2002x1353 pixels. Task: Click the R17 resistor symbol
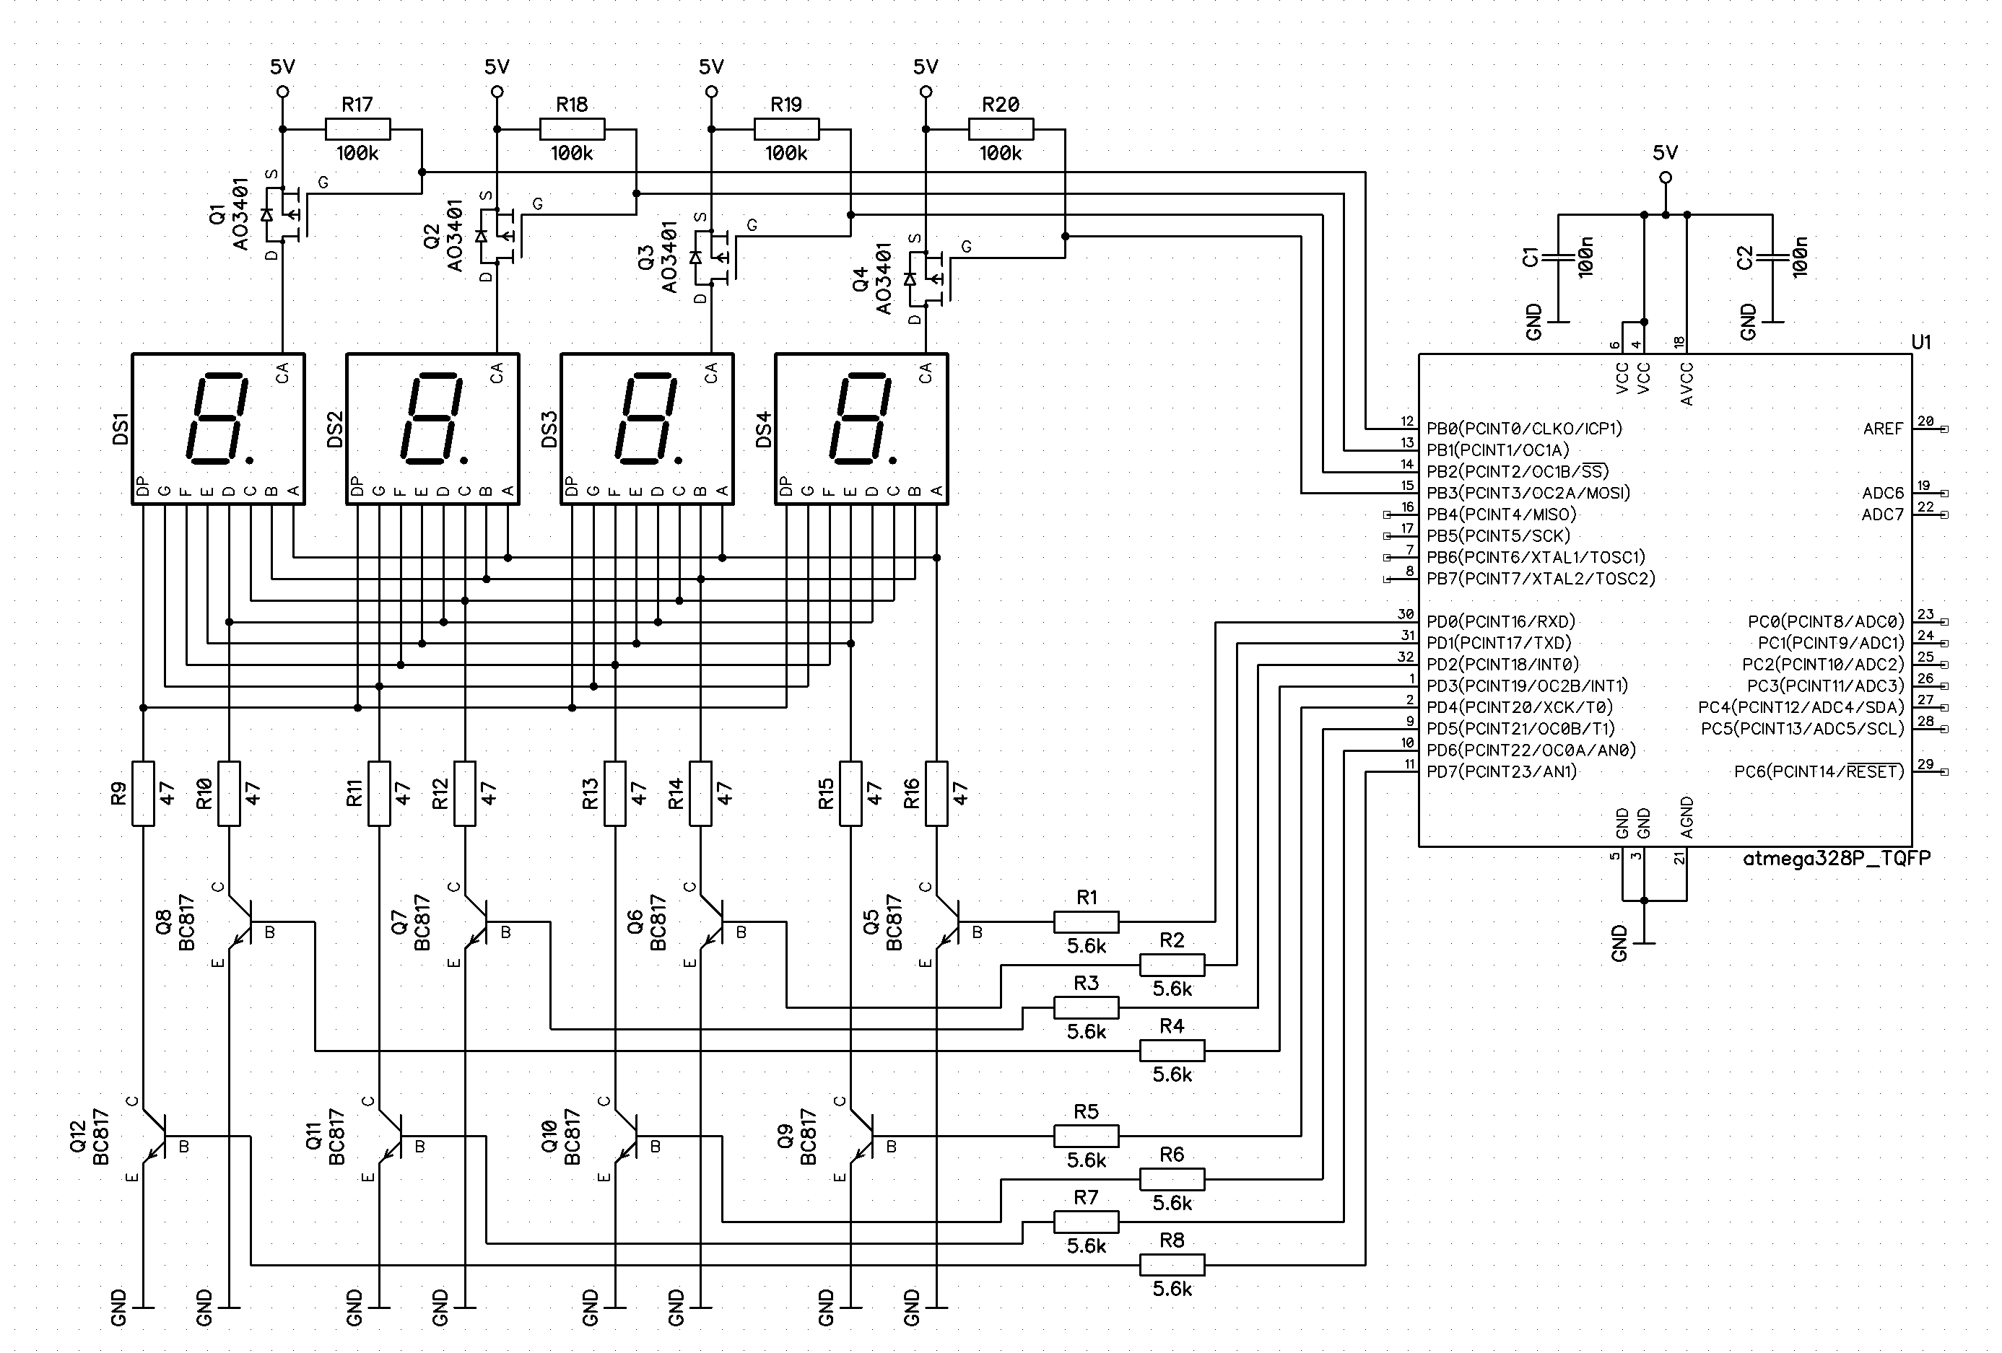[x=357, y=129]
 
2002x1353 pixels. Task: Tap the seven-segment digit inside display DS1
[x=217, y=418]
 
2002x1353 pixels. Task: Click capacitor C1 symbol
[x=1557, y=257]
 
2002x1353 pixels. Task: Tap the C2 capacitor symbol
[x=1772, y=257]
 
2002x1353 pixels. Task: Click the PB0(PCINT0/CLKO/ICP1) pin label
[x=1524, y=428]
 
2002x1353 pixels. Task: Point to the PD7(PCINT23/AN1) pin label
[x=1502, y=771]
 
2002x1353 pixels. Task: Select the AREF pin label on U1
[x=1882, y=428]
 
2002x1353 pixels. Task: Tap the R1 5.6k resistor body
[x=1087, y=922]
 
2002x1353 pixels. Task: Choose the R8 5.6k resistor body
[x=1172, y=1264]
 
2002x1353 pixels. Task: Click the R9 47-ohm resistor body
[x=143, y=793]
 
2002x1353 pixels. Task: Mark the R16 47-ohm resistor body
[x=936, y=793]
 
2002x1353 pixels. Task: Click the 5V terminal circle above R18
[x=496, y=92]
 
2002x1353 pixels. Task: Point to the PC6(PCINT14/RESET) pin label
[x=1819, y=771]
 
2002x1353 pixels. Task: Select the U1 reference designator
[x=1921, y=342]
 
